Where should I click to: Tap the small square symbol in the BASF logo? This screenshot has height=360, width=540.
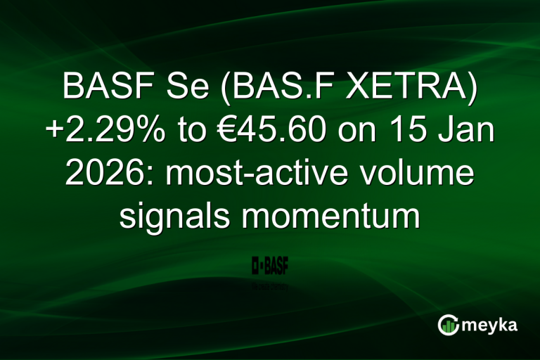coord(257,267)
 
